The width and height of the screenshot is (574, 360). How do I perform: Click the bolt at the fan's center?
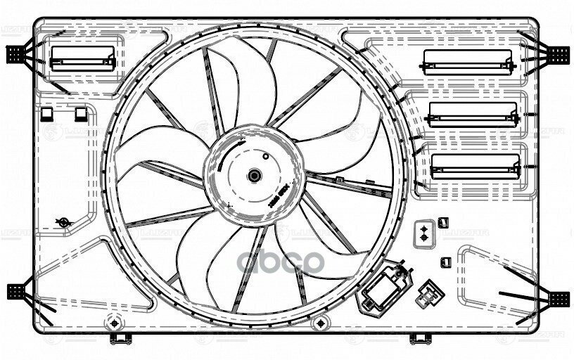[254, 175]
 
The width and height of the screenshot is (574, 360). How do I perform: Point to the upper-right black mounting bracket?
[559, 53]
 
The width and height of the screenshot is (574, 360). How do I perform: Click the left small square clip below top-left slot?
[46, 112]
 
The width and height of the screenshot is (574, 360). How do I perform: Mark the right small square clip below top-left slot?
[81, 112]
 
